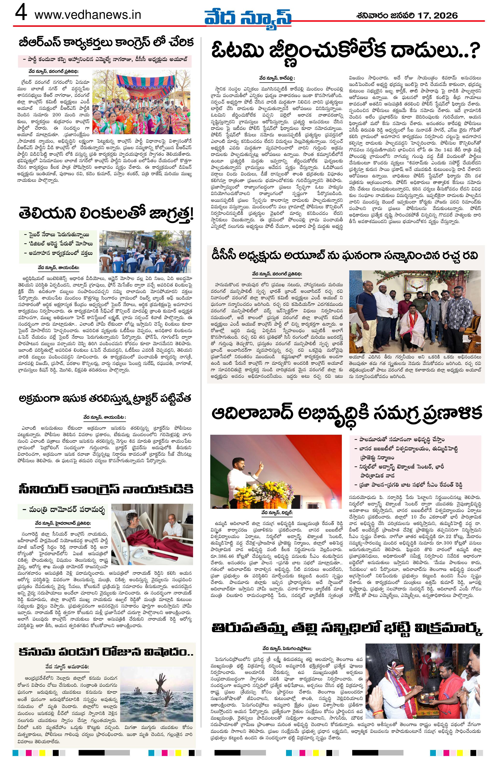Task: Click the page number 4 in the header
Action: [21, 14]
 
